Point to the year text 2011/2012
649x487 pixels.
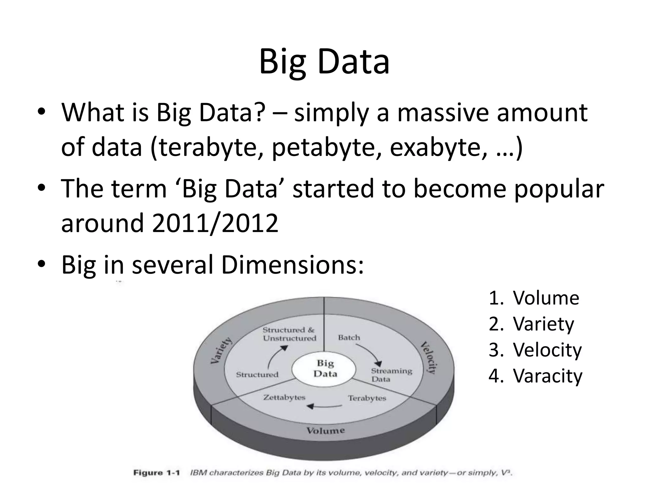[215, 223]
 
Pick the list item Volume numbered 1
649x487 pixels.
[546, 298]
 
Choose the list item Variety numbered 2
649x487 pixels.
[543, 324]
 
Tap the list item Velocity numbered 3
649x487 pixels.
[547, 350]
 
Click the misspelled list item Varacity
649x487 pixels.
[547, 376]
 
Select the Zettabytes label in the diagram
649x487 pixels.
[284, 397]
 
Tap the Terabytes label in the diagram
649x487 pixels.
[367, 398]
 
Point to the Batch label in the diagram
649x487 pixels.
[349, 337]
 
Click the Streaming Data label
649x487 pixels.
[391, 375]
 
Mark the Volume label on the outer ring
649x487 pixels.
[325, 430]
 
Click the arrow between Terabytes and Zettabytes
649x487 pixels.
[325, 406]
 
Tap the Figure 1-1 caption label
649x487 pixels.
[157, 473]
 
